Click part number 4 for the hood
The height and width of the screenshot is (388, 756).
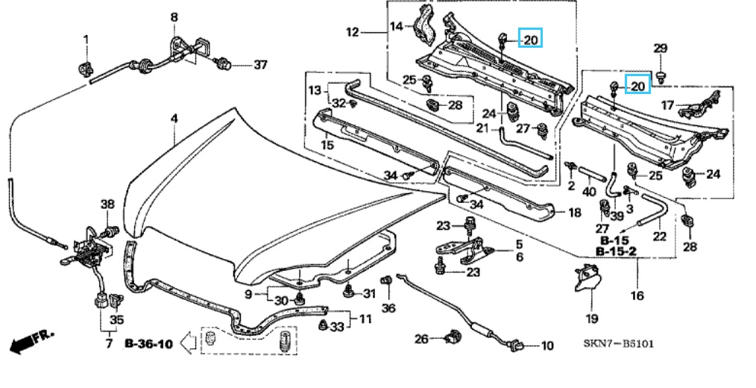click(174, 119)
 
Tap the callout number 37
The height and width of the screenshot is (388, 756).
click(259, 65)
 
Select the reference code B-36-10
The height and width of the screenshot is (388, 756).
click(148, 344)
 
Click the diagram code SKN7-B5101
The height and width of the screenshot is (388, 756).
click(618, 344)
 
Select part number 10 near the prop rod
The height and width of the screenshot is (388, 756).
click(547, 345)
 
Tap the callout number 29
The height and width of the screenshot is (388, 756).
click(661, 49)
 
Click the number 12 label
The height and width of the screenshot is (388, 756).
click(353, 32)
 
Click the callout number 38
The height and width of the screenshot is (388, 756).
click(107, 204)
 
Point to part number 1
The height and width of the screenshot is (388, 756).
click(85, 39)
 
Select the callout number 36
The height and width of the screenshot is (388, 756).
click(388, 307)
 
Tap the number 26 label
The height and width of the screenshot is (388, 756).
click(421, 339)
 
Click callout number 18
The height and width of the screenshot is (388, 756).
click(574, 213)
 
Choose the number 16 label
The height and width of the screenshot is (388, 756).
click(637, 295)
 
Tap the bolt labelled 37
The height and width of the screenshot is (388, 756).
click(222, 64)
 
